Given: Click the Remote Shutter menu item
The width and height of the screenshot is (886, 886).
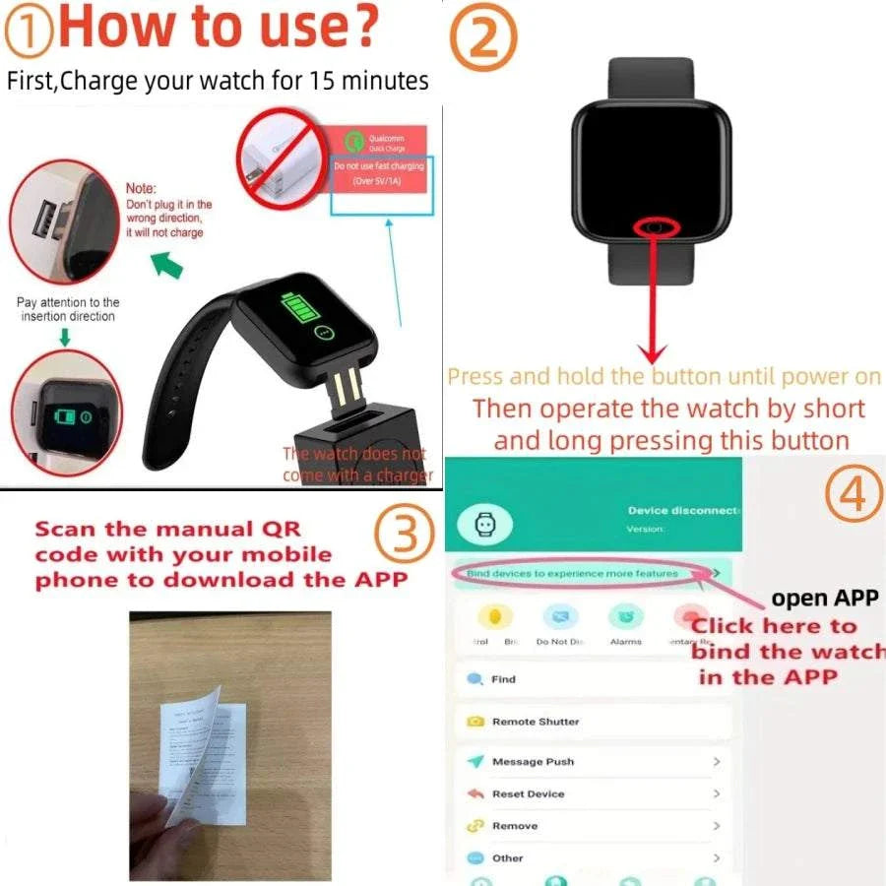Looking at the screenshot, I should [x=535, y=722].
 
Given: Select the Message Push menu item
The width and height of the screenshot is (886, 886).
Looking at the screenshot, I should [x=532, y=762].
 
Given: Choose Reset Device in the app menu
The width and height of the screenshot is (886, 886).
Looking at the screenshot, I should [x=528, y=793].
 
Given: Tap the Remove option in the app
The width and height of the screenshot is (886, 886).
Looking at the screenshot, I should [x=514, y=826].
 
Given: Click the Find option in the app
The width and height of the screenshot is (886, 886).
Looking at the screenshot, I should [x=502, y=679].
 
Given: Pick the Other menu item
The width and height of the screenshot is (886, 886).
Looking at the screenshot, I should [x=507, y=857].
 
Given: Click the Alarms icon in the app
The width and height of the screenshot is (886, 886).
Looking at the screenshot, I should [x=625, y=619].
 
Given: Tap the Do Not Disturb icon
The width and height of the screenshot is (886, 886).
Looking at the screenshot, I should [x=560, y=619].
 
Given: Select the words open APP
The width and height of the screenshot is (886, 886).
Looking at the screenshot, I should [x=824, y=598].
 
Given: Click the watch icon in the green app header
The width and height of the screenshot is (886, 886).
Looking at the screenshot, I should [x=484, y=526].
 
